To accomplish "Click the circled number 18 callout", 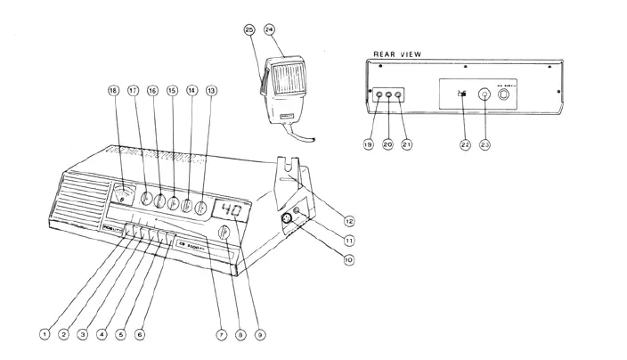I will tap(113, 90).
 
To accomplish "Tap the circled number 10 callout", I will tap(348, 260).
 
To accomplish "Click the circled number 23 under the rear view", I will tap(485, 144).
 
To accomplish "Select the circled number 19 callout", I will tap(368, 144).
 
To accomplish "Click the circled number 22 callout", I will tap(464, 144).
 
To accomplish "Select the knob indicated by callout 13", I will tap(203, 208).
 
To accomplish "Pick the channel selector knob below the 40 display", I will tap(224, 235).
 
